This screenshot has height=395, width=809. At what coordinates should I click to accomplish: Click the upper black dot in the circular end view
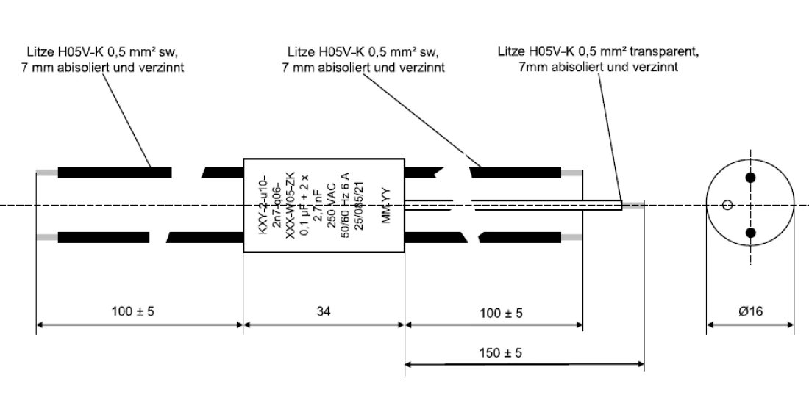pos(751,178)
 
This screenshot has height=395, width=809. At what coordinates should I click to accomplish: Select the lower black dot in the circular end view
pos(751,233)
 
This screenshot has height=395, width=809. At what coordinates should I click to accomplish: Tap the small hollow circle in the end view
pos(727,206)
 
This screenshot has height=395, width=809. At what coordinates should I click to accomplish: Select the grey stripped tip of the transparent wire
pos(632,206)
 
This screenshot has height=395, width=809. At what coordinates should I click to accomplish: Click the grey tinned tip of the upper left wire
pos(47,173)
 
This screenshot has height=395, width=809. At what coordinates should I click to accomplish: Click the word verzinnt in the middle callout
pos(422,67)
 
